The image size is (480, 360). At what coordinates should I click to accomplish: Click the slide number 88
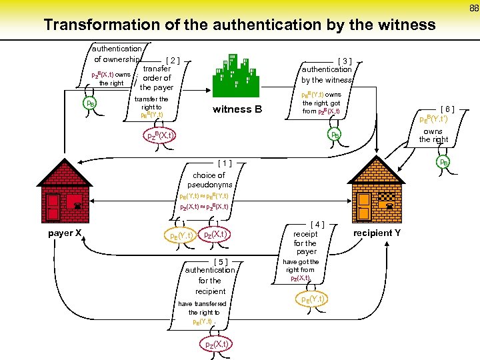pyautogui.click(x=473, y=8)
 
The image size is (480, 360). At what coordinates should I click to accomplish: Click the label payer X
pyautogui.click(x=65, y=233)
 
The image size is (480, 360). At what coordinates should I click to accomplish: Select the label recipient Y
pyautogui.click(x=377, y=233)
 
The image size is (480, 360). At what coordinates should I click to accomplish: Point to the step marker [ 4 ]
pyautogui.click(x=317, y=225)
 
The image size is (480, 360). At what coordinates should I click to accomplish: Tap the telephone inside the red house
pyautogui.click(x=77, y=207)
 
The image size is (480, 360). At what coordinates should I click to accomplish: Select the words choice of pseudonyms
pyautogui.click(x=209, y=179)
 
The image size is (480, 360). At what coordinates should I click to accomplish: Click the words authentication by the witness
pyautogui.click(x=327, y=75)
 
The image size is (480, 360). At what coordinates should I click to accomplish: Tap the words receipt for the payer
pyautogui.click(x=306, y=243)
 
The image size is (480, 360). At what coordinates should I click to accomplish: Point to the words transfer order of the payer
pyautogui.click(x=157, y=77)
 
